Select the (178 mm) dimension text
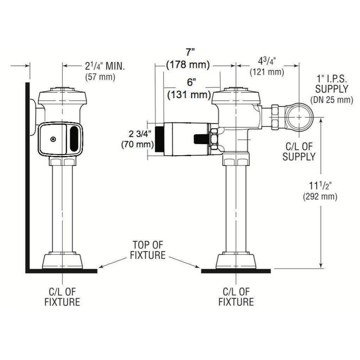coord(188,65)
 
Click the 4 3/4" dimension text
coord(267,62)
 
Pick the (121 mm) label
coord(267,72)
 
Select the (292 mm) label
coord(320,197)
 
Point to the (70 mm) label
coord(137,144)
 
